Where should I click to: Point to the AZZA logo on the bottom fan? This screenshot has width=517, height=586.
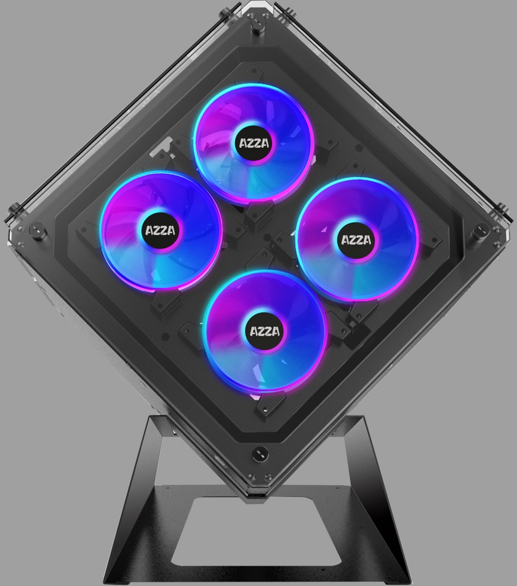265,332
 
